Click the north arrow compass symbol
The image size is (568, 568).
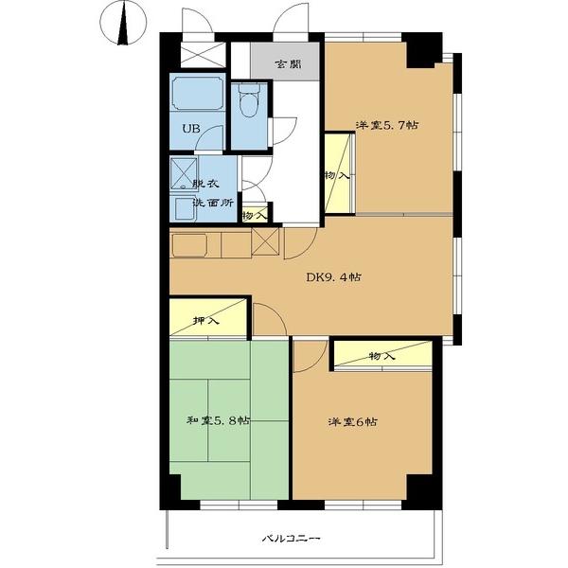(123, 24)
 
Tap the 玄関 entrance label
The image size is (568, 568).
(288, 64)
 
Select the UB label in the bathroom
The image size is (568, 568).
(191, 128)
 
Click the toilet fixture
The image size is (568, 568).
(249, 100)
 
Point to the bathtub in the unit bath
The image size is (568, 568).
(198, 92)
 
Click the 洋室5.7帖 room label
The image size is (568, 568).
(387, 126)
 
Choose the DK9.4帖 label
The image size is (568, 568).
(333, 277)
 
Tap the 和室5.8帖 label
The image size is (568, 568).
(218, 420)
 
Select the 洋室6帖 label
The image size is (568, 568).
(352, 422)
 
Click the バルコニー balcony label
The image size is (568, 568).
(292, 539)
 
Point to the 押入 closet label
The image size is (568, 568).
(206, 321)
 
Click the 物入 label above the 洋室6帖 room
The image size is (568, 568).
(382, 357)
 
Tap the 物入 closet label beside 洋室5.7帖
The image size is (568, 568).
(337, 176)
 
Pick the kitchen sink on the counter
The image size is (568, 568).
(189, 245)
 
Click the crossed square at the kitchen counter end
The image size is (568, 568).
(265, 241)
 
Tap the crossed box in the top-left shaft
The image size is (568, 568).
(203, 55)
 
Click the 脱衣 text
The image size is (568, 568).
(205, 184)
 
